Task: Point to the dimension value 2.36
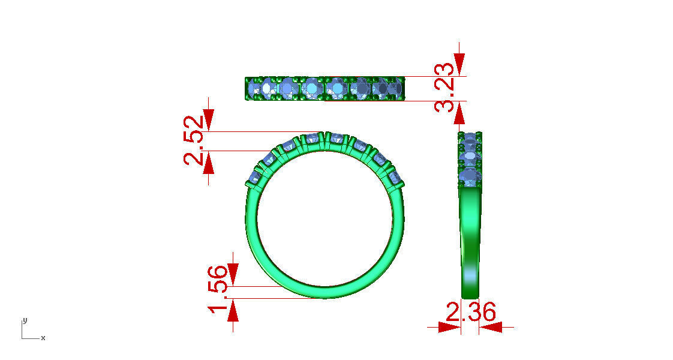(471, 313)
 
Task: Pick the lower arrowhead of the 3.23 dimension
(459, 112)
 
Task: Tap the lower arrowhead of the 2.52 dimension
(208, 163)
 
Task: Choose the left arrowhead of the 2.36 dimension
(449, 327)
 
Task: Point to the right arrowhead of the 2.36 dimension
(491, 327)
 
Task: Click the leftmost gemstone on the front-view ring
(255, 177)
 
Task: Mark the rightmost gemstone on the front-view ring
(395, 178)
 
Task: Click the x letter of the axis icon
(43, 338)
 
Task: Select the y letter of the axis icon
(24, 319)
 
